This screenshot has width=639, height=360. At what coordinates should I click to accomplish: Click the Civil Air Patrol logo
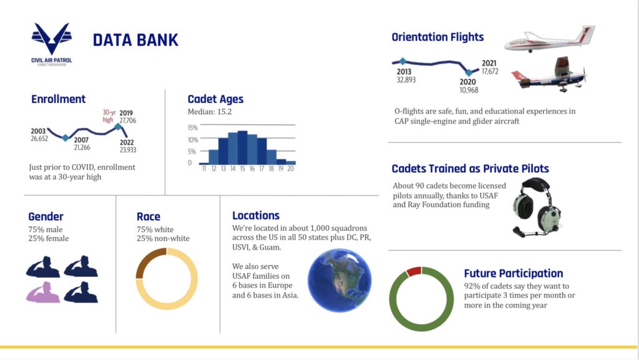coord(51,44)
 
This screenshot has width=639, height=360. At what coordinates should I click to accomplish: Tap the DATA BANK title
coord(135,41)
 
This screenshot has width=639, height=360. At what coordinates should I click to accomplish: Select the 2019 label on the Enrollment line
coord(126,113)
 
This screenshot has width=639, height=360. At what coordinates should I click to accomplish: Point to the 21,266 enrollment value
coord(82,147)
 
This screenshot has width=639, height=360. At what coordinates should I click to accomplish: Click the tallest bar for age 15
coord(243,147)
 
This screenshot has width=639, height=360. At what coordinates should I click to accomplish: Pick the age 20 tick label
coord(291,168)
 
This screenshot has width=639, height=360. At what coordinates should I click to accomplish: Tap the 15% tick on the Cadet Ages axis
coord(192,127)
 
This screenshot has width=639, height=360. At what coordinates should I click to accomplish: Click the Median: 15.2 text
coord(210,112)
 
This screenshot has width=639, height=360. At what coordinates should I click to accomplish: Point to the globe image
coord(339,281)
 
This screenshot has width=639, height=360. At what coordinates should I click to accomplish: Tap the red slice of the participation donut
coord(414,271)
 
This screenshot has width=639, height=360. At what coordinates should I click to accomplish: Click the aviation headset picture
coord(536,208)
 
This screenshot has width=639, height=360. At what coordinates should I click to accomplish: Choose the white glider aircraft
coord(549,39)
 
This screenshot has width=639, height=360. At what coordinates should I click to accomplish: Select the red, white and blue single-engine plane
coord(549,75)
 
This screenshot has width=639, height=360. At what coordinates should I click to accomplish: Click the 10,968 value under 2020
coord(469,90)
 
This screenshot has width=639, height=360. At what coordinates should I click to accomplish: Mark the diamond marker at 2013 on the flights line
coord(402,62)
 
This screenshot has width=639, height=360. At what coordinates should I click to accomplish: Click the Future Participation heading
coord(514,273)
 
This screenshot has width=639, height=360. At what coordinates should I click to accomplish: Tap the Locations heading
coord(256,215)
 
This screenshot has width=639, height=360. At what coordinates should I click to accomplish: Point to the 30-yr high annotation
coord(109,116)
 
